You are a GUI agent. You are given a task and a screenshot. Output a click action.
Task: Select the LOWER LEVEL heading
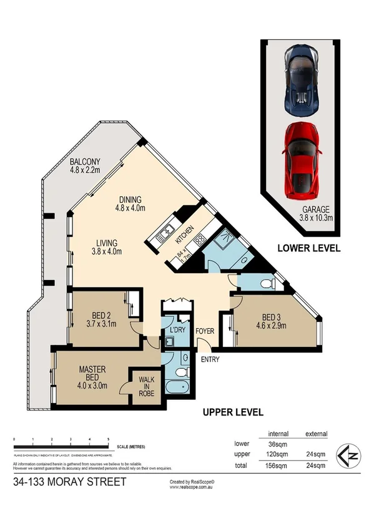309,248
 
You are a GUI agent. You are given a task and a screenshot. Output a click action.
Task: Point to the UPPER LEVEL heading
232,412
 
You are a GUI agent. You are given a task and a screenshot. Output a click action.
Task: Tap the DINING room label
131,204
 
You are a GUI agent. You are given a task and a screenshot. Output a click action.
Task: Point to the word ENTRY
210,359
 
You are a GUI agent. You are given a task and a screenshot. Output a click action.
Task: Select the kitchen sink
164,236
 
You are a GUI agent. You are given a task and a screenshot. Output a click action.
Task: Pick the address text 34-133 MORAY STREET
69,482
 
